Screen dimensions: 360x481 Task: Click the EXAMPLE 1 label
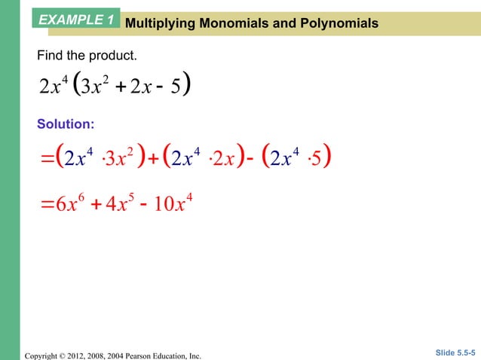(x=75, y=18)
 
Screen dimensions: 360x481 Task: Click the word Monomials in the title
(x=227, y=24)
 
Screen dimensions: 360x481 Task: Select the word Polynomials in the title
(x=335, y=24)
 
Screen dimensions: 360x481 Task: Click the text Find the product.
(x=87, y=56)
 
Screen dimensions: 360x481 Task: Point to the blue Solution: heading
(x=66, y=123)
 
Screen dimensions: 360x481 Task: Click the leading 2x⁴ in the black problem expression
(x=54, y=86)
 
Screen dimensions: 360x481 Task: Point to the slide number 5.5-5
(x=462, y=352)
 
